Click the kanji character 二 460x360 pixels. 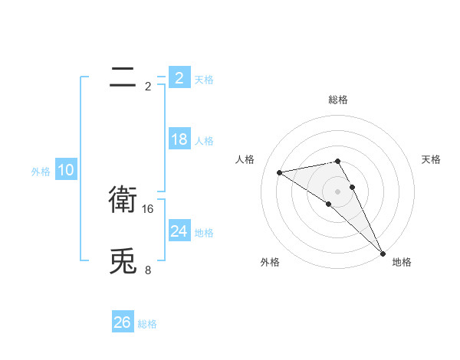click(123, 77)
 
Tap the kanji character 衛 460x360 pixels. click(123, 200)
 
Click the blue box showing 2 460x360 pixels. click(179, 78)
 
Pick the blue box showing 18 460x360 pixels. click(179, 139)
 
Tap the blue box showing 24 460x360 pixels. click(179, 231)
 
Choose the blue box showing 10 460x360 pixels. click(65, 171)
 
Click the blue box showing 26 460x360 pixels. click(123, 322)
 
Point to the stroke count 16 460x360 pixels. click(149, 208)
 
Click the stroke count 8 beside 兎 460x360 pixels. click(148, 270)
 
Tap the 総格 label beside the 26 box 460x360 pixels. click(147, 324)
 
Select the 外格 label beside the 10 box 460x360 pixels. click(41, 172)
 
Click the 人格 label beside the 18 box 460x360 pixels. click(204, 141)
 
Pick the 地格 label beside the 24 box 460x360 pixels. click(204, 233)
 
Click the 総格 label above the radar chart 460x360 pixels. click(337, 100)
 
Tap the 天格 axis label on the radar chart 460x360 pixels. click(431, 159)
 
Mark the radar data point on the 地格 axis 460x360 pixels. click(383, 253)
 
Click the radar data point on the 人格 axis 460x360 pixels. click(280, 172)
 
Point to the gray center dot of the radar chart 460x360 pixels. click(337, 191)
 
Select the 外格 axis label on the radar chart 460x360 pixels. click(270, 262)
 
